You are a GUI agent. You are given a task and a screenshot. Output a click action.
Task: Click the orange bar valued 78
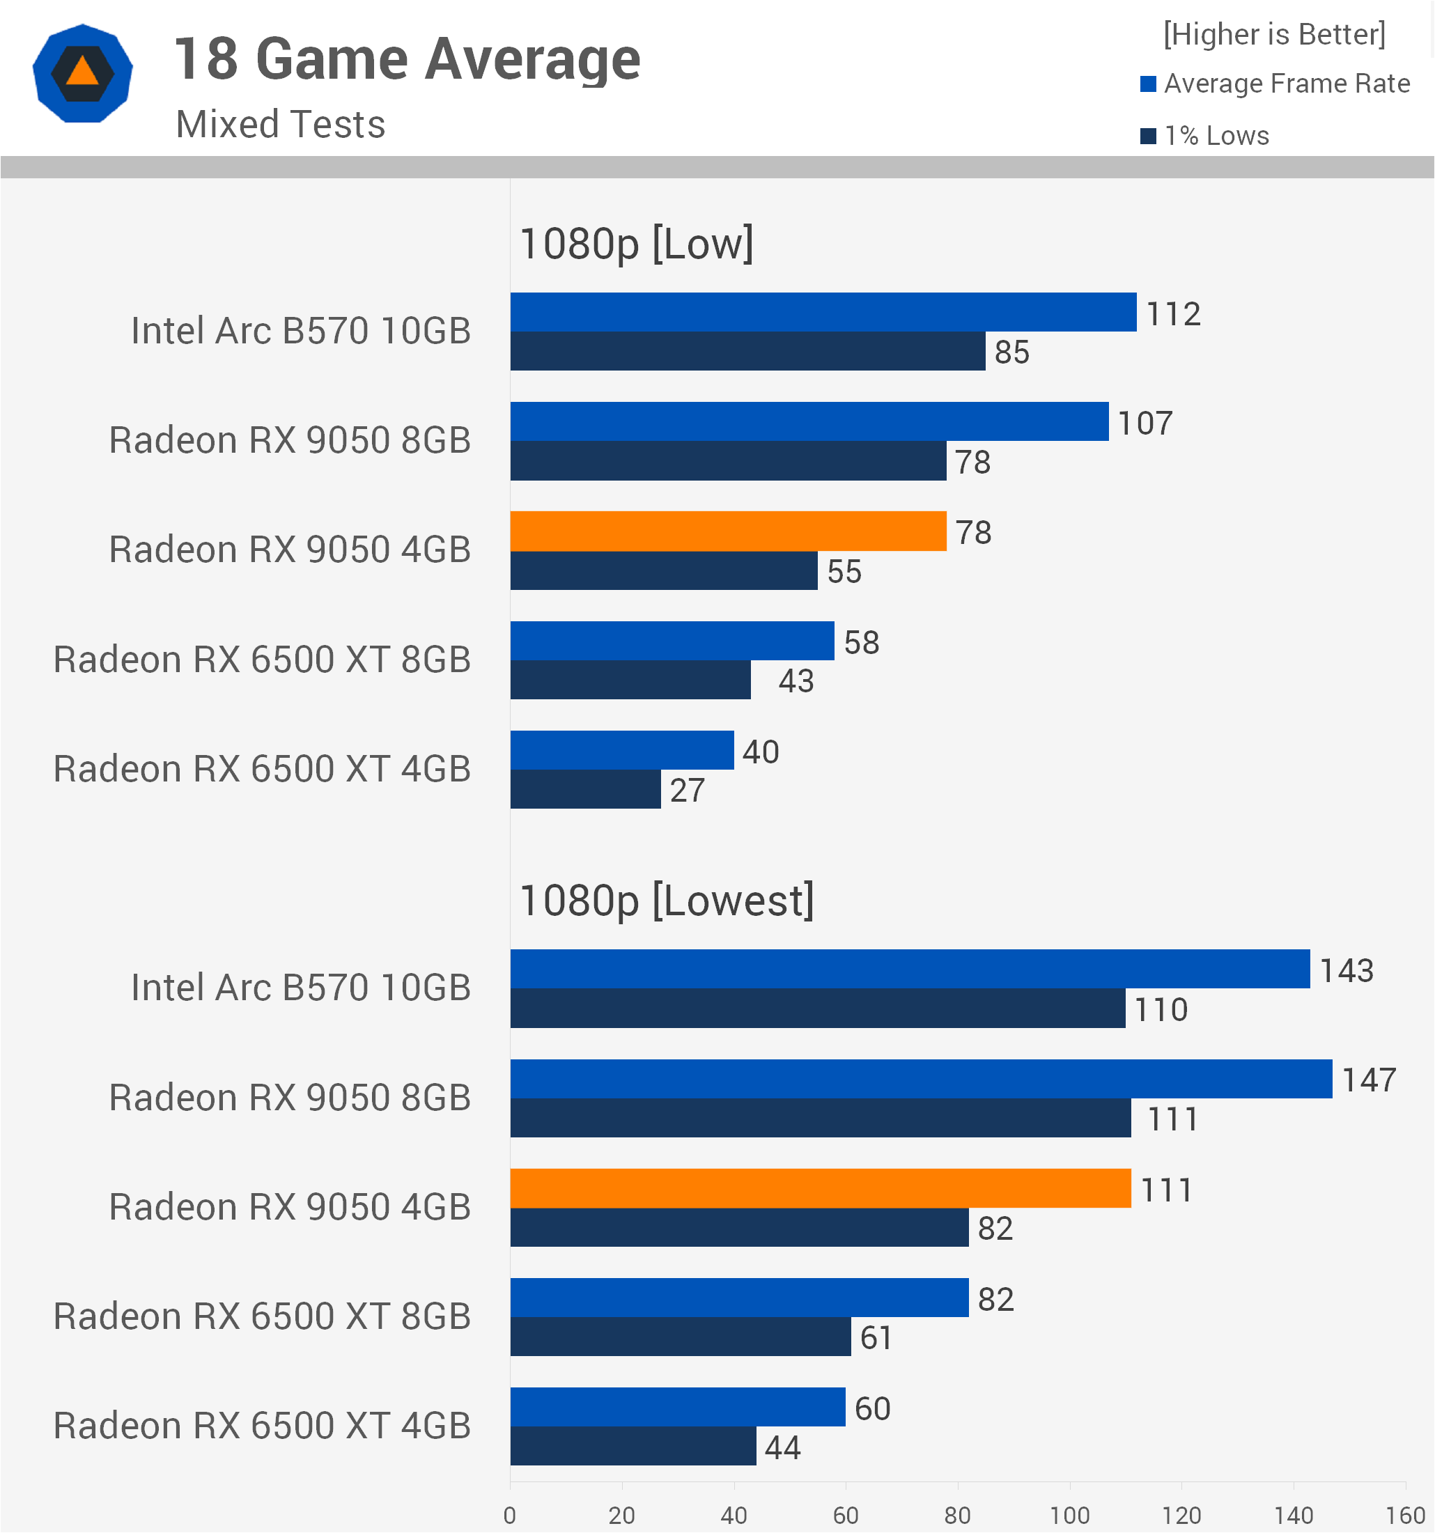[728, 531]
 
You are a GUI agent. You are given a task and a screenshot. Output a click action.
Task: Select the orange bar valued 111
[821, 1188]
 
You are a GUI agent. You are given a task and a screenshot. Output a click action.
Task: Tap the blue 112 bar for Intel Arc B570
[823, 311]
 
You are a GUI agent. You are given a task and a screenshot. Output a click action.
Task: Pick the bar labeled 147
[922, 1079]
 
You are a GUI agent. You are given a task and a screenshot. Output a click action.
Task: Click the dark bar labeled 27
[585, 789]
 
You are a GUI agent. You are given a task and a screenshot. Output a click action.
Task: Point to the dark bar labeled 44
[633, 1446]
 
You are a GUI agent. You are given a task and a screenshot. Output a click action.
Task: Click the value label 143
[1347, 970]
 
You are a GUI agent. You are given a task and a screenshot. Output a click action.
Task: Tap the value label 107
[1145, 423]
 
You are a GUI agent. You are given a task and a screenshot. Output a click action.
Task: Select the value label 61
[876, 1337]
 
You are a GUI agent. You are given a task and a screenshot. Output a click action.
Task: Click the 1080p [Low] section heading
[636, 244]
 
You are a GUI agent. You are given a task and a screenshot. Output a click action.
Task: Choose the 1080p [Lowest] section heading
[666, 900]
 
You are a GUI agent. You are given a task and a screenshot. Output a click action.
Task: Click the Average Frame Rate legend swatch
[1148, 84]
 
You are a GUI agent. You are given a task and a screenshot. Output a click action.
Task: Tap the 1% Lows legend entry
[1204, 136]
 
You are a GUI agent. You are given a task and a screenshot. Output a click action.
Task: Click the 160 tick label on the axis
[1405, 1516]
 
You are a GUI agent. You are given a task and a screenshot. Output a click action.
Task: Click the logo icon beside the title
[82, 73]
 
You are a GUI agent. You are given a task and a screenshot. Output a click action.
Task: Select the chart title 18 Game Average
[407, 59]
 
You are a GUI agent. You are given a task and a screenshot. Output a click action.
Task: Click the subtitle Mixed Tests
[281, 124]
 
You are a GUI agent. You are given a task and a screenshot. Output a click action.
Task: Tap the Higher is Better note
[1274, 34]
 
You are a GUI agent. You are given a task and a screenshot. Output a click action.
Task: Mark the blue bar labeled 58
[672, 641]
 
